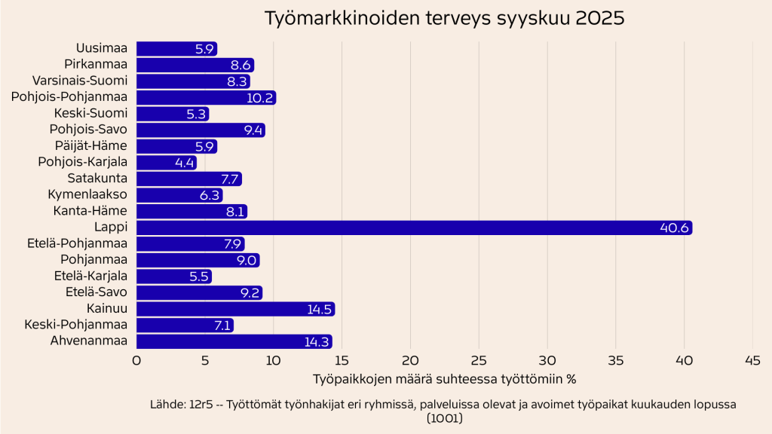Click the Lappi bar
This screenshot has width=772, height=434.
(413, 228)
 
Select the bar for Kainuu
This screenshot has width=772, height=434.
(234, 309)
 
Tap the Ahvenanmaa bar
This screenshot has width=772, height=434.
(234, 341)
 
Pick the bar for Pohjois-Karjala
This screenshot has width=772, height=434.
(166, 162)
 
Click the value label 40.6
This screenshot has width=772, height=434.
(674, 228)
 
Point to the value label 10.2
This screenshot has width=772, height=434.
(260, 98)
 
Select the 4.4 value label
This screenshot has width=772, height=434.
(184, 162)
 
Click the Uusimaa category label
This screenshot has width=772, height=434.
(102, 49)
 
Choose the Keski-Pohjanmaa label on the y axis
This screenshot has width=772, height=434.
(76, 325)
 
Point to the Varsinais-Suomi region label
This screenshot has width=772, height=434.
(80, 81)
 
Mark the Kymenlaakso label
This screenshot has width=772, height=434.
(87, 195)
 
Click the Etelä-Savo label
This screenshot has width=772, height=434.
(97, 292)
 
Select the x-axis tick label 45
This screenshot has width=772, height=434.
(752, 361)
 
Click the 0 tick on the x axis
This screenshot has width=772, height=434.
(136, 361)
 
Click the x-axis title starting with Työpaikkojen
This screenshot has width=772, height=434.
(444, 377)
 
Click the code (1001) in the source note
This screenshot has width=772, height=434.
(444, 418)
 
